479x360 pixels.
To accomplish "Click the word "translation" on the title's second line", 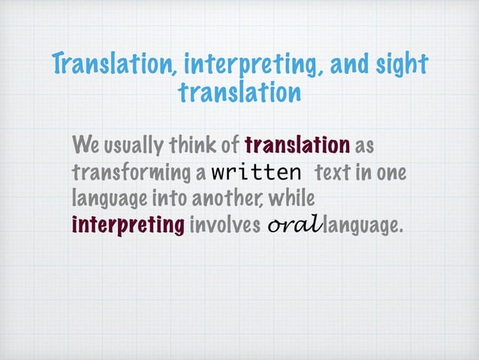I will (x=239, y=94).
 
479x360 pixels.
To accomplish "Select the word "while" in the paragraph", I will (x=291, y=198).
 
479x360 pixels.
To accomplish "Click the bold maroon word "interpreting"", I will (x=128, y=225).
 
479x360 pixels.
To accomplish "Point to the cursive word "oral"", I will (x=292, y=225).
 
